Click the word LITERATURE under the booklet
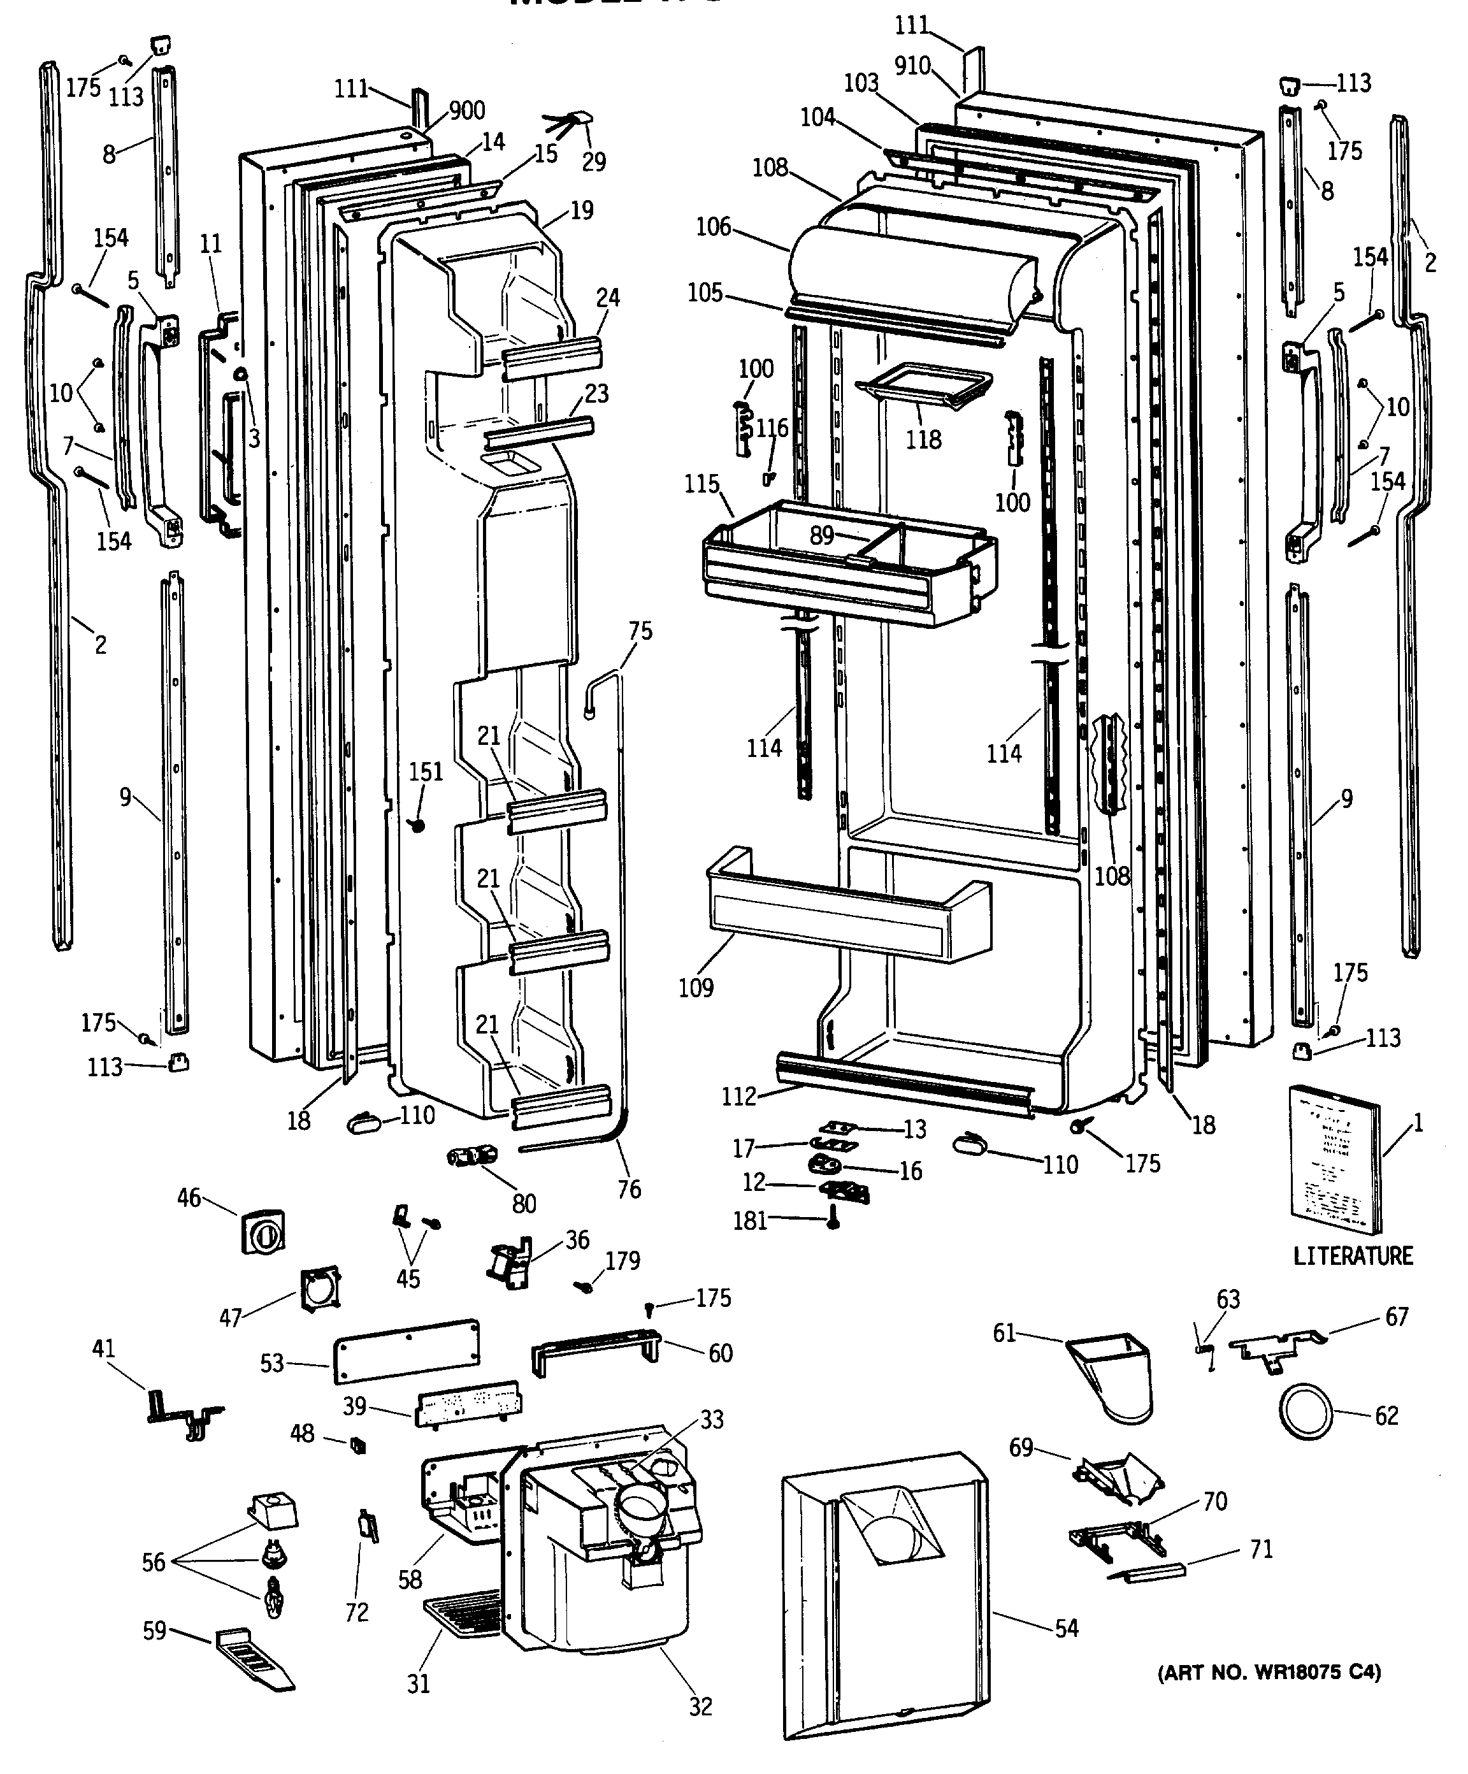pyautogui.click(x=1352, y=1256)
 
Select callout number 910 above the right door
pyautogui.click(x=912, y=66)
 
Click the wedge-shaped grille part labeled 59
pyautogui.click(x=254, y=1660)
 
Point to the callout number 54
pyautogui.click(x=1067, y=1629)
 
